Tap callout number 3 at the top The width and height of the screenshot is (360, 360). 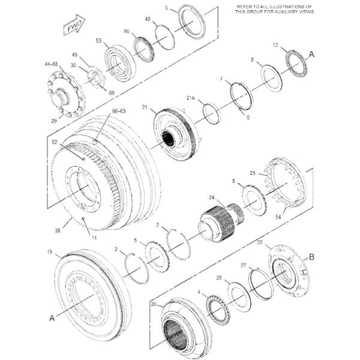(167, 8)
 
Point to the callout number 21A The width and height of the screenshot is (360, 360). (191, 97)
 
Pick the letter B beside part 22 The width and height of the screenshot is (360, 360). (311, 257)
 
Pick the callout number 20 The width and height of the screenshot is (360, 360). (154, 305)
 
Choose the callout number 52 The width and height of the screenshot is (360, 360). (55, 142)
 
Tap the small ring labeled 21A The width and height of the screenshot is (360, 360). (210, 112)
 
